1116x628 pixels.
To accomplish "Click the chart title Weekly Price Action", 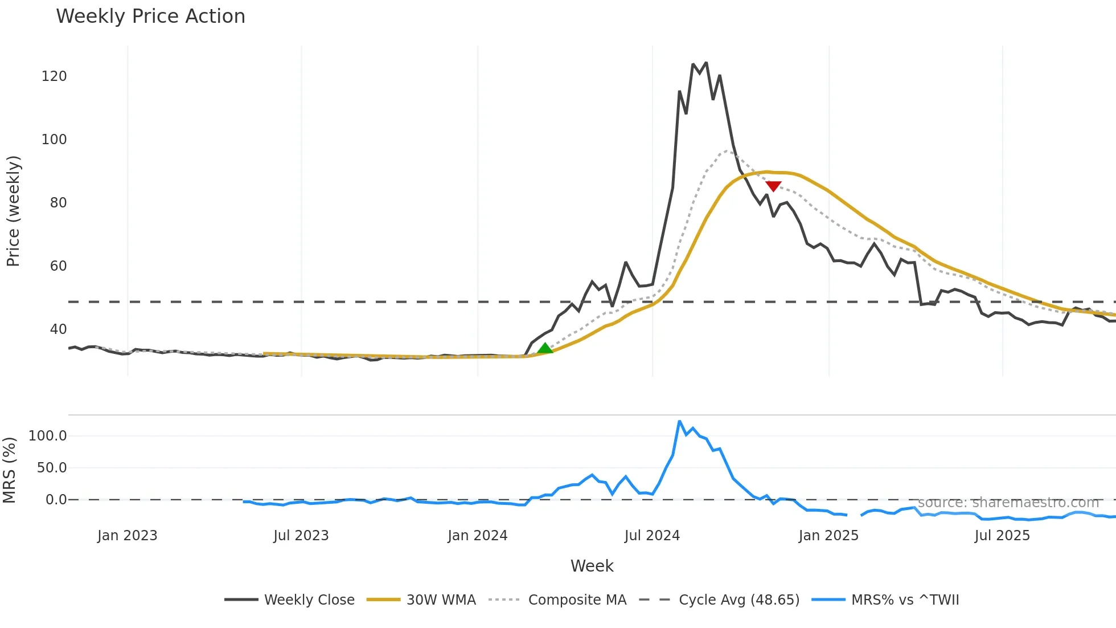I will click(x=150, y=17).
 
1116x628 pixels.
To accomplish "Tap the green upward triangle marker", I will click(x=545, y=348).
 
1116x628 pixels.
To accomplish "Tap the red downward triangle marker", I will click(x=773, y=186).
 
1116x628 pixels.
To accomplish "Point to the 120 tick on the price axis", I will click(x=54, y=76).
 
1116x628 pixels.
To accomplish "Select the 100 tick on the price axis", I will click(x=54, y=140).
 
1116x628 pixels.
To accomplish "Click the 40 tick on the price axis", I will click(x=58, y=329).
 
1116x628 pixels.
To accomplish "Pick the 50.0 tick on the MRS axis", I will click(x=52, y=468).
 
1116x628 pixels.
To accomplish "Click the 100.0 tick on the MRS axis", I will click(x=48, y=436).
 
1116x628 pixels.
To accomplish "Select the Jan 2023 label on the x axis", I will click(x=127, y=536).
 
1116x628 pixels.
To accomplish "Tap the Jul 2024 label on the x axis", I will click(x=652, y=536).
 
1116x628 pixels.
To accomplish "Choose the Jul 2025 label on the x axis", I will click(x=1002, y=536).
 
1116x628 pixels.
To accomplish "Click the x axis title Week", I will click(x=592, y=566).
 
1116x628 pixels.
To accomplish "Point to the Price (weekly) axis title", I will click(x=13, y=211).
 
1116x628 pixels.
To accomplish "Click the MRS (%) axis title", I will click(x=10, y=470).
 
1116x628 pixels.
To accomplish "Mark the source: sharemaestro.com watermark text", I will click(x=1008, y=503).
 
